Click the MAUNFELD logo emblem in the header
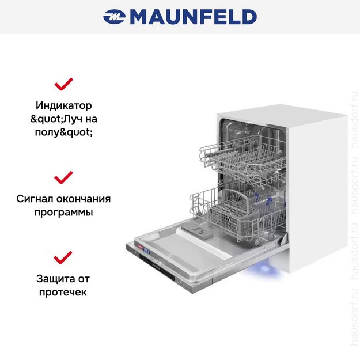[115, 17]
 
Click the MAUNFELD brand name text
[193, 17]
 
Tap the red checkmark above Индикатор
[63, 84]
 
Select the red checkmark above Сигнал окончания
[63, 176]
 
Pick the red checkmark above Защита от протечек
[63, 257]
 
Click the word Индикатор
[63, 106]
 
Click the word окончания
[84, 199]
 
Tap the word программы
[63, 213]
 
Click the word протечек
[63, 293]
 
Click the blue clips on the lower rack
[268, 201]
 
